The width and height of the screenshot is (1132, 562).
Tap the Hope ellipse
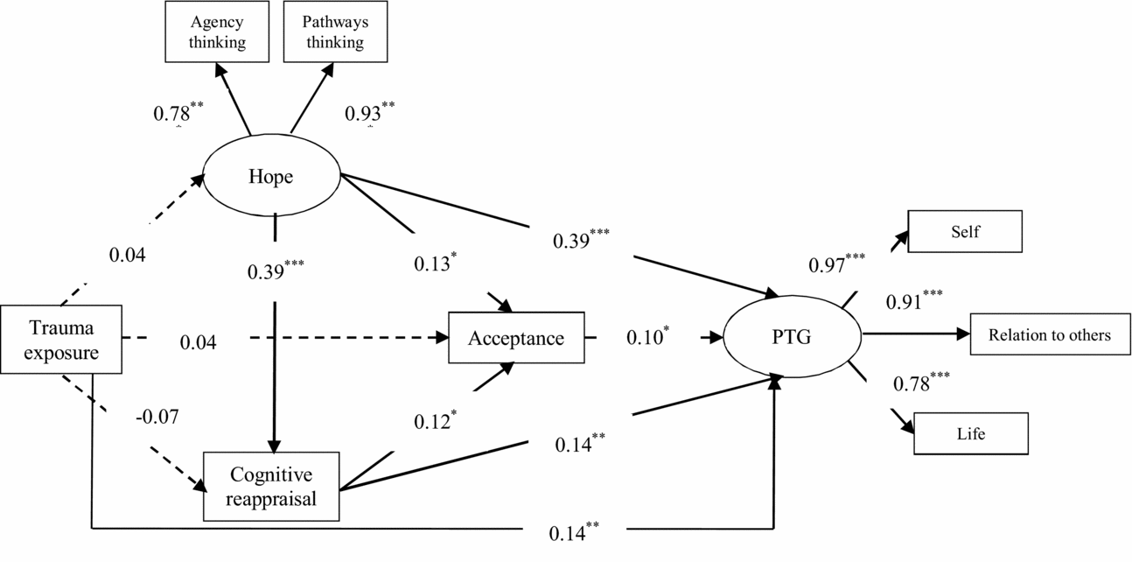tap(270, 176)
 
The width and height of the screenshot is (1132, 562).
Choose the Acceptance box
tap(515, 338)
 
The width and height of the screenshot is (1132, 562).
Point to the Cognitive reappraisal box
tap(271, 486)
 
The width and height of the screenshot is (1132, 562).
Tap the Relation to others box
tap(1049, 335)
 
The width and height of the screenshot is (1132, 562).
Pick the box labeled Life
tap(969, 433)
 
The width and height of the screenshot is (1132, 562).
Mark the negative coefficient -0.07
tap(157, 417)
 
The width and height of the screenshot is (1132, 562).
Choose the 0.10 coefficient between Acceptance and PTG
tap(646, 338)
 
